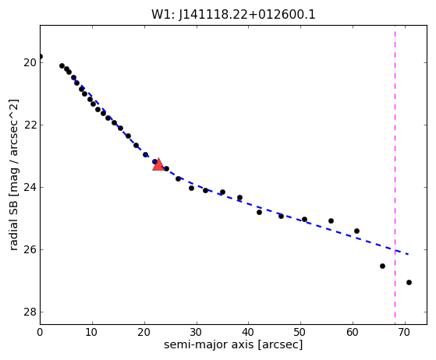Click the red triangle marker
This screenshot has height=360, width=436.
[x=158, y=164]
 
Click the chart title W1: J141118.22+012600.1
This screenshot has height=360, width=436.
[x=233, y=15]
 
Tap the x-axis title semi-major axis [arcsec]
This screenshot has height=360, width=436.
[x=233, y=344]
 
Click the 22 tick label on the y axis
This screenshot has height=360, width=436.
[x=30, y=125]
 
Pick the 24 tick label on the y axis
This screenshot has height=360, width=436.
[x=30, y=188]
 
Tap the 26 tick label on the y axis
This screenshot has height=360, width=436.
[x=30, y=249]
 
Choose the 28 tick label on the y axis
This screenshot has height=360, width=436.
[x=30, y=312]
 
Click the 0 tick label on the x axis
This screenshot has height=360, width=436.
[x=40, y=332]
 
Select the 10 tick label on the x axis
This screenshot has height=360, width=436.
[x=92, y=332]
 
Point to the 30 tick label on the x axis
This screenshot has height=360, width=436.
[x=197, y=332]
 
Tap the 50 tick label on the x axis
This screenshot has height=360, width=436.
[x=300, y=332]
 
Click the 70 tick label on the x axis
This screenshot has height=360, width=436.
[x=405, y=332]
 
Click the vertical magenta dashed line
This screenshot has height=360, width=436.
[x=395, y=175]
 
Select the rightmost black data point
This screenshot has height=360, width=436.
[x=409, y=283]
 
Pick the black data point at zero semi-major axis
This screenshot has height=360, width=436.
[x=41, y=57]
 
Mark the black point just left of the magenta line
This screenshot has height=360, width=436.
[x=382, y=266]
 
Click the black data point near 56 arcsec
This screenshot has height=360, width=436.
[x=331, y=221]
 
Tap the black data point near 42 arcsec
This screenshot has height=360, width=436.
[x=259, y=213]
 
